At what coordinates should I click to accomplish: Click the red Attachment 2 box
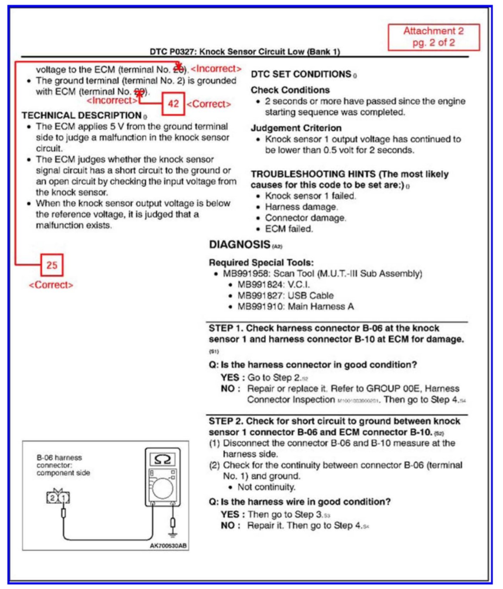pyautogui.click(x=433, y=37)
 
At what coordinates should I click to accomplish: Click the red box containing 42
pyautogui.click(x=173, y=104)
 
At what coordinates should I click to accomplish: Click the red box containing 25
pyautogui.click(x=52, y=265)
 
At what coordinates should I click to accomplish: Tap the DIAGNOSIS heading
pyautogui.click(x=240, y=244)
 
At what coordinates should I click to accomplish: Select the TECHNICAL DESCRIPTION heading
pyautogui.click(x=82, y=115)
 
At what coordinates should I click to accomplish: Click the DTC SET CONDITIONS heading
pyautogui.click(x=301, y=74)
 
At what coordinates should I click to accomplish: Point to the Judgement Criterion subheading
pyautogui.click(x=296, y=128)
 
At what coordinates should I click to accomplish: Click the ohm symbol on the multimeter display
pyautogui.click(x=163, y=459)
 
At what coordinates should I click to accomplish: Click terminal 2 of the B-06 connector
pyautogui.click(x=52, y=498)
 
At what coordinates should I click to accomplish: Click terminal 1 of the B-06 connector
pyautogui.click(x=63, y=498)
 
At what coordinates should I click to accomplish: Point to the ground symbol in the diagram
pyautogui.click(x=172, y=534)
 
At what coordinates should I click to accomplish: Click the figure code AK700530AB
pyautogui.click(x=168, y=546)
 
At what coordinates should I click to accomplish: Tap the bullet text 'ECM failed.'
pyautogui.click(x=289, y=229)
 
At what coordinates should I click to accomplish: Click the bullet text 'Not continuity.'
pyautogui.click(x=266, y=487)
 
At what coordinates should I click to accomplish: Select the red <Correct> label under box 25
pyautogui.click(x=51, y=285)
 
